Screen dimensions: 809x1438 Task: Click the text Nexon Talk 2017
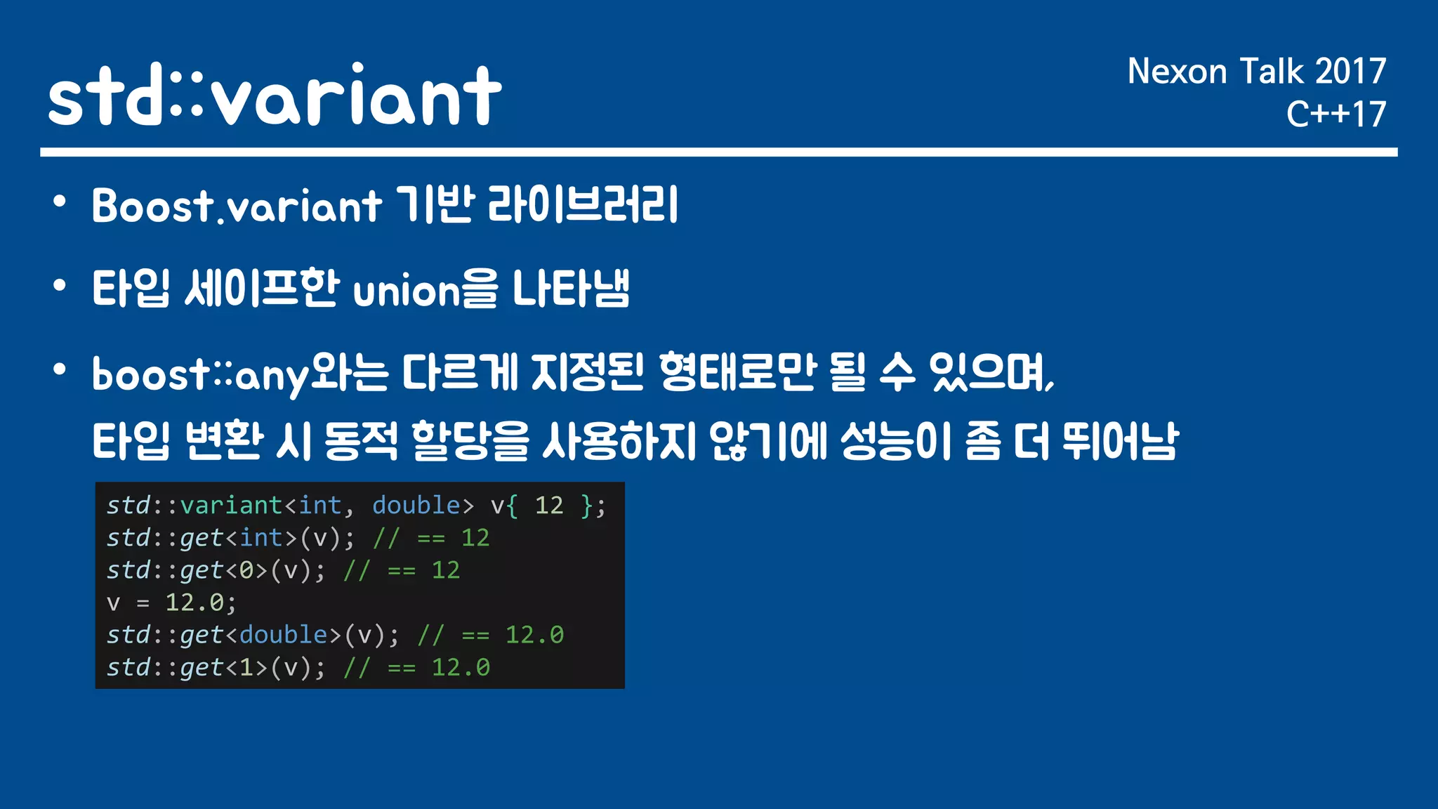[1256, 72]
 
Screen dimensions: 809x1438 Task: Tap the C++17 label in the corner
[1335, 114]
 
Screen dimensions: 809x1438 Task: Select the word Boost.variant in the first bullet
[236, 206]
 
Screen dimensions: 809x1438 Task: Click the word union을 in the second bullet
[425, 289]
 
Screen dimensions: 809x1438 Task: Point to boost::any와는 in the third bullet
[239, 374]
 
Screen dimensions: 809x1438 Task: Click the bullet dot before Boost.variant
[60, 202]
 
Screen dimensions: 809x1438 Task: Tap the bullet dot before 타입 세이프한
[60, 286]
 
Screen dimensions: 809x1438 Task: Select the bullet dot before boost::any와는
[60, 369]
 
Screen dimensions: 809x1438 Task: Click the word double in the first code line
[416, 506]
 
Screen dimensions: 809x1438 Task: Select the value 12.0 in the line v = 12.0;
[194, 603]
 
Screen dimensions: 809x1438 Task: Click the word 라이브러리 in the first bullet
[583, 205]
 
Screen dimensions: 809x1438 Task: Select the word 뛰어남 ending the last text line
[1119, 441]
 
